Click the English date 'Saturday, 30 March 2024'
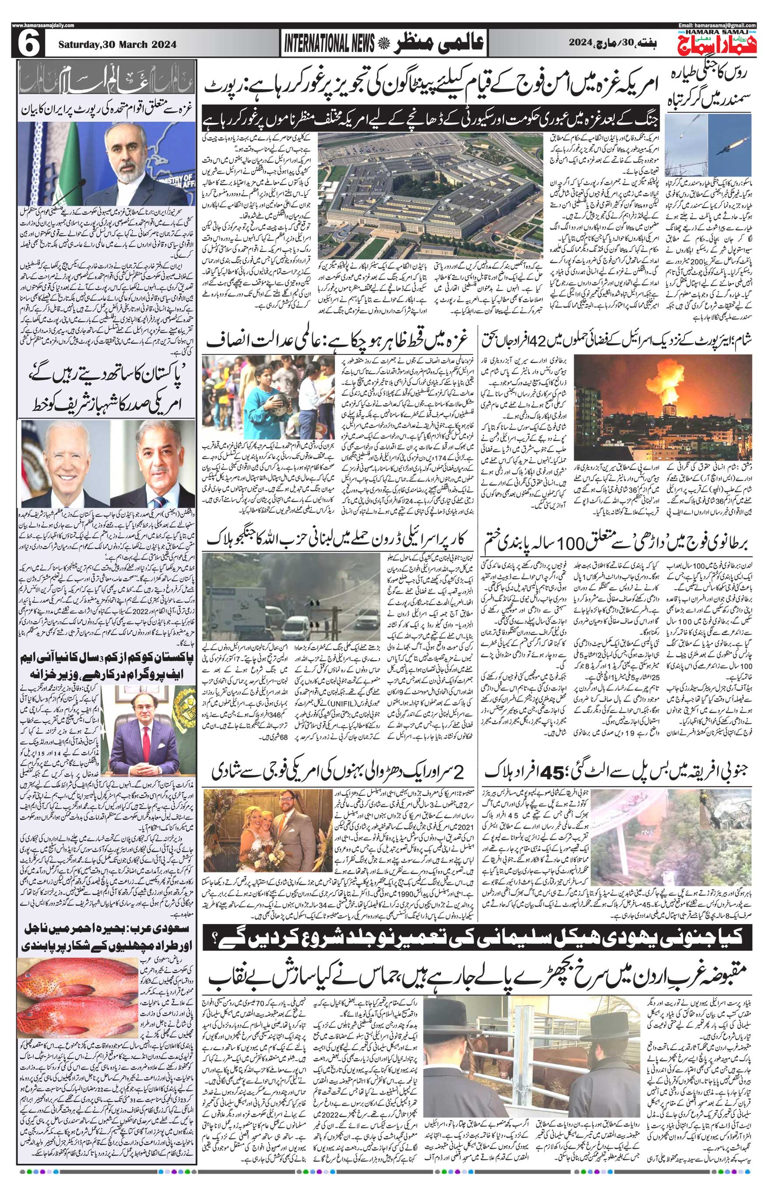pos(118,45)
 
